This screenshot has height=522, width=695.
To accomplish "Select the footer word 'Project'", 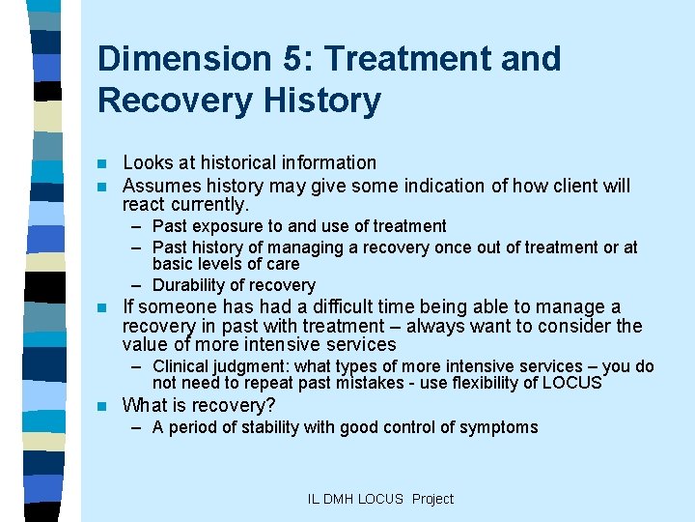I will point(432,499).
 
